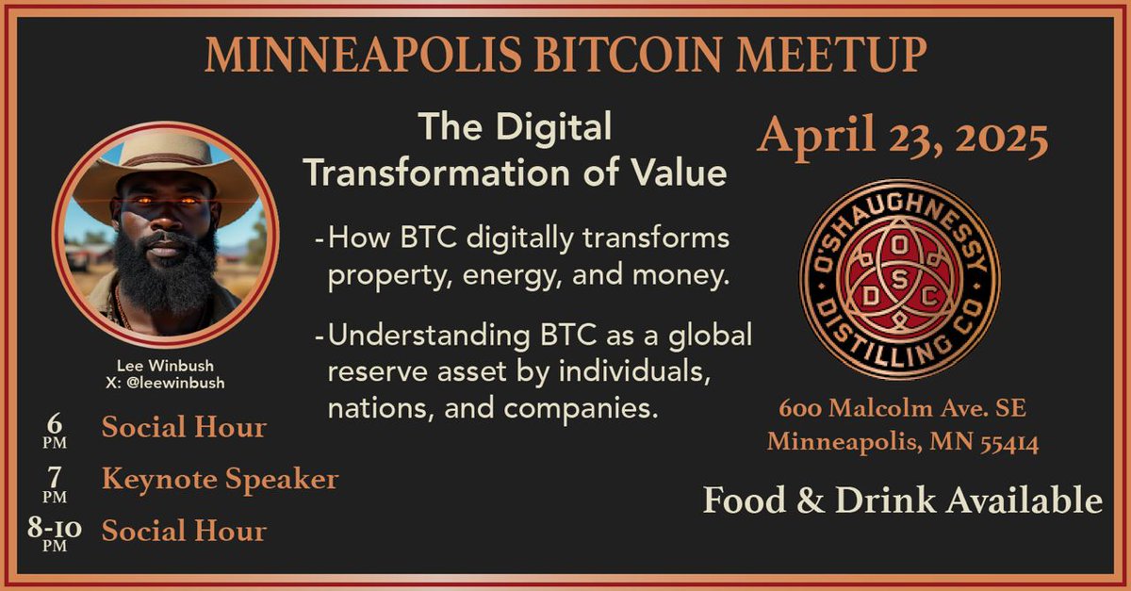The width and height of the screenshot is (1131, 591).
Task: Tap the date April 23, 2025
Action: tap(903, 139)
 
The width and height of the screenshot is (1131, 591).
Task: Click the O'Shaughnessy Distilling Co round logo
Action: tap(899, 280)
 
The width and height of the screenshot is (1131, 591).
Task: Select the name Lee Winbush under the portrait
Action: tap(165, 367)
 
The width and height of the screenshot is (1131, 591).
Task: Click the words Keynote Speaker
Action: tap(220, 480)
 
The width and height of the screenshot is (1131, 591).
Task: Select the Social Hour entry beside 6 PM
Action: tap(184, 428)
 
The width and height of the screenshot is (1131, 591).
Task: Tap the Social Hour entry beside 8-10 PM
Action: tap(184, 531)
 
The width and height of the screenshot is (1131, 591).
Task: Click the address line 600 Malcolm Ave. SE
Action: tap(903, 410)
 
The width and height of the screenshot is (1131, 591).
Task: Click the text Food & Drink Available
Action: tap(903, 501)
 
